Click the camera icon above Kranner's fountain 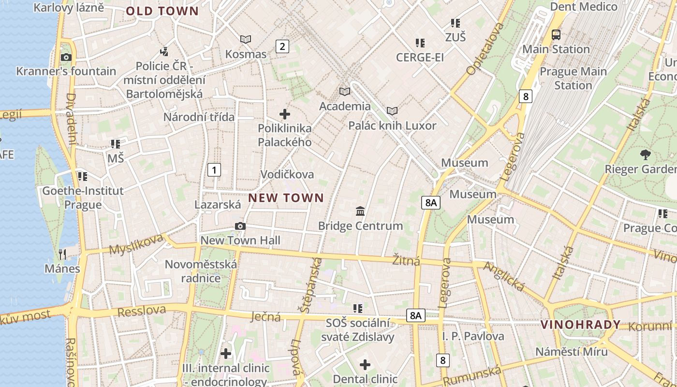[66, 57]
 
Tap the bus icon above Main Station [556, 34]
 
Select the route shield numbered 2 [282, 46]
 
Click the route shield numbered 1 [214, 170]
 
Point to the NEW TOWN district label [286, 197]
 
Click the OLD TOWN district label [162, 11]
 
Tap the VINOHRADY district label [580, 325]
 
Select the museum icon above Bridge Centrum [360, 211]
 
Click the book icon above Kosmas [246, 39]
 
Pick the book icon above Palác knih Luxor [392, 111]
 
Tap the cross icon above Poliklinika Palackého [285, 114]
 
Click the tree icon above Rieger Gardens [645, 155]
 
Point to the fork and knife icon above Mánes [62, 254]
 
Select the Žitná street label [406, 261]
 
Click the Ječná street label [266, 317]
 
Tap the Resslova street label [142, 311]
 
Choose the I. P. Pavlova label [473, 336]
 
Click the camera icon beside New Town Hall [240, 226]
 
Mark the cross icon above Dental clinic [365, 364]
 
